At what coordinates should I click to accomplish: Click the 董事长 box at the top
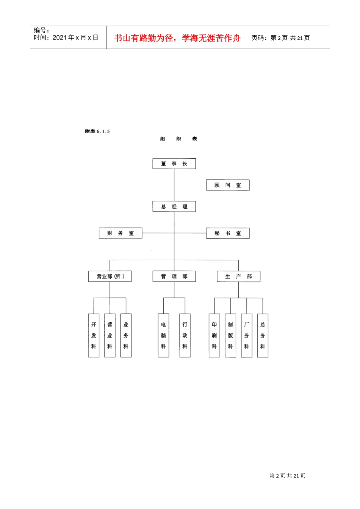coord(174,164)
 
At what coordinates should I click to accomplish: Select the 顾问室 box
coord(228,185)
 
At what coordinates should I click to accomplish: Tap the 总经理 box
coord(174,206)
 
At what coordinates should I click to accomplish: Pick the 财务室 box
coord(120,233)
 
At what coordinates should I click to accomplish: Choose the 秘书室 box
coord(228,233)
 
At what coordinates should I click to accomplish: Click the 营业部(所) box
coord(110,276)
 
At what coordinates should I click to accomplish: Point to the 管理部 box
coord(174,276)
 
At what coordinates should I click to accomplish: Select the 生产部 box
coord(238,276)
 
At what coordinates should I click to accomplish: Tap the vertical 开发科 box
coord(94,336)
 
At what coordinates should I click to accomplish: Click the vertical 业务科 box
coord(126,336)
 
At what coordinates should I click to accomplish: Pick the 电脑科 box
coord(163,336)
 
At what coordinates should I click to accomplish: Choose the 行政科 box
coord(185,336)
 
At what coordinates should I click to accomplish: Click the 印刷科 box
coord(214,336)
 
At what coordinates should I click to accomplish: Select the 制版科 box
coord(230,336)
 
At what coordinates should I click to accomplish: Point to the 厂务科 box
coord(247,336)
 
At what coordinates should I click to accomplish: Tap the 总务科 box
coord(263,336)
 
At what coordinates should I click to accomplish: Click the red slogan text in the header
coord(177,38)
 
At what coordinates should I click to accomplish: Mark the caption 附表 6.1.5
coord(97,131)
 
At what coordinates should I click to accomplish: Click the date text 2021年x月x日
coord(75,37)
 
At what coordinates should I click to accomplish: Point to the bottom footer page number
coord(287,476)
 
